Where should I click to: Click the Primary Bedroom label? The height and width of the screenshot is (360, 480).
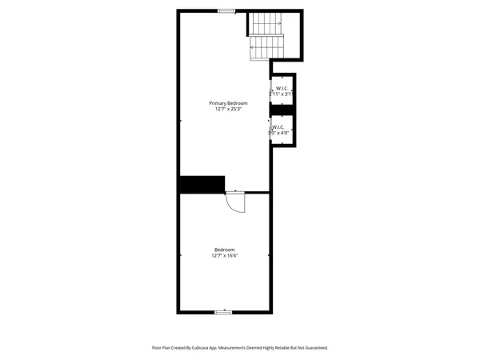pos(228,103)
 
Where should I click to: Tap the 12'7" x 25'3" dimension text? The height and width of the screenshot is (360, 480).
pos(228,110)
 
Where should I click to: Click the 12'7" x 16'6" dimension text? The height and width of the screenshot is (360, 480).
pos(225,256)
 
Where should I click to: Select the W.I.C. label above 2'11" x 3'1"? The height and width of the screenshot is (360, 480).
pos(282,88)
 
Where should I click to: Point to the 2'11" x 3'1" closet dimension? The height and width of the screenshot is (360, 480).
pos(282,94)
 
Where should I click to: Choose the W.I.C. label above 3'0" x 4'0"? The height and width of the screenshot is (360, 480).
pos(278,126)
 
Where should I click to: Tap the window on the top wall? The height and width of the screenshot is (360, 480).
pos(226,10)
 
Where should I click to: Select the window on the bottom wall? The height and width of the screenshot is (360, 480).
pos(224,311)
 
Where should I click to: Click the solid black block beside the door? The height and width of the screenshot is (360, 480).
pos(202,185)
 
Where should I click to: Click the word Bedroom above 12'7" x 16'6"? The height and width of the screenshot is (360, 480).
pos(225,250)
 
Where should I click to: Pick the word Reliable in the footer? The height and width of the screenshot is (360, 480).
pos(278,348)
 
